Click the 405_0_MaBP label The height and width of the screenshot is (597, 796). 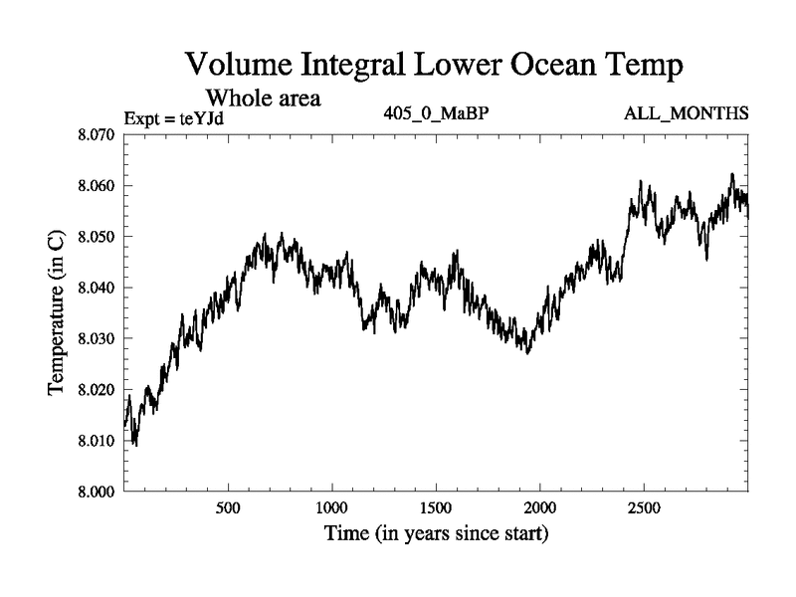pyautogui.click(x=436, y=112)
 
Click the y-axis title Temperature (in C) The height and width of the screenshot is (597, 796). pyautogui.click(x=57, y=312)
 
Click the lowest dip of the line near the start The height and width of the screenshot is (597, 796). pyautogui.click(x=135, y=444)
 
